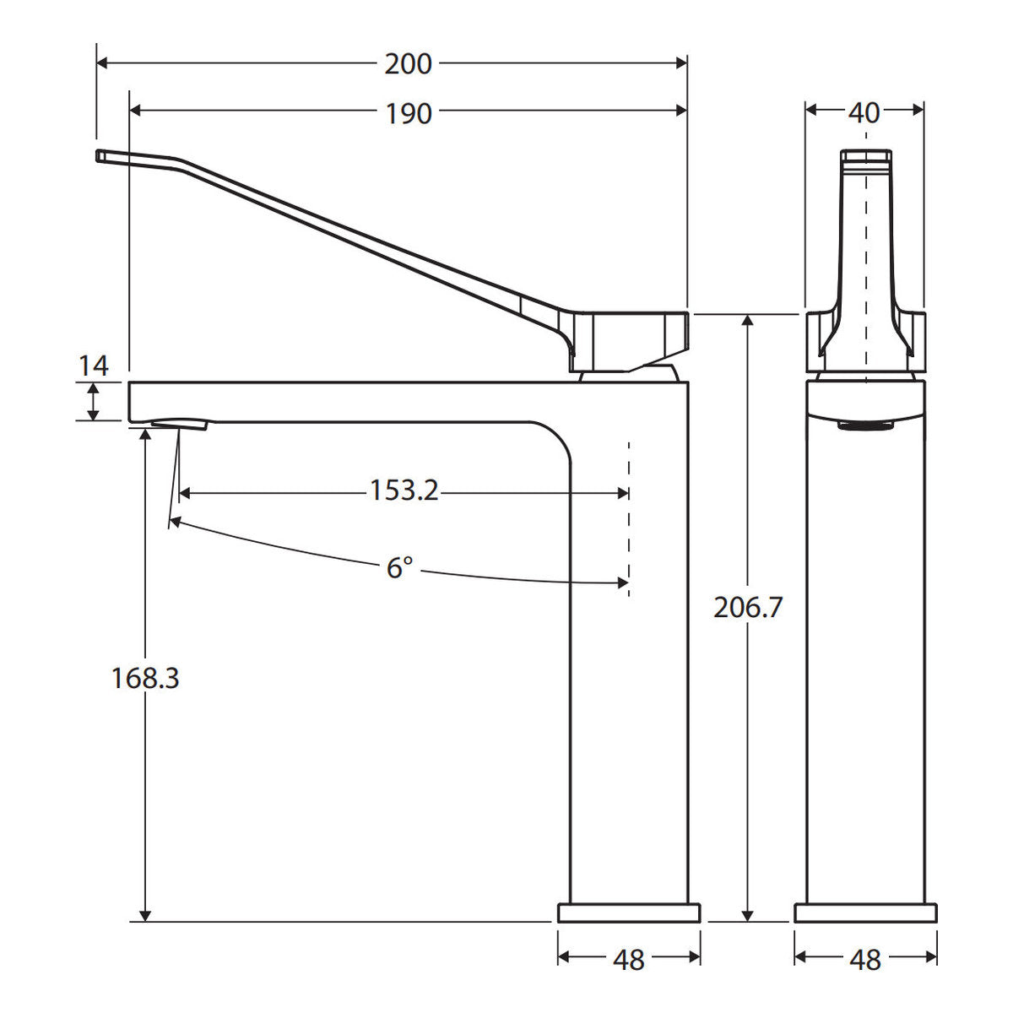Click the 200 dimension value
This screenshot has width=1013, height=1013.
[x=408, y=64]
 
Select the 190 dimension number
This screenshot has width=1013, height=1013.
[x=409, y=114]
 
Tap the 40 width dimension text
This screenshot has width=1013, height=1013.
[x=864, y=113]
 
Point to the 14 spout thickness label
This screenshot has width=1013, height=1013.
[x=94, y=366]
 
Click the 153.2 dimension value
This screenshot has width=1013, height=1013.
[x=404, y=490]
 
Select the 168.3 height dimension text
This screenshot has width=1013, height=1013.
[x=145, y=678]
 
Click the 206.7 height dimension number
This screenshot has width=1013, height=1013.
[x=748, y=608]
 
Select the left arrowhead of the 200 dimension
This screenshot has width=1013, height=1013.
[x=102, y=63]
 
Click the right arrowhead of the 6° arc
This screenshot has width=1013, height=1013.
[x=622, y=583]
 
